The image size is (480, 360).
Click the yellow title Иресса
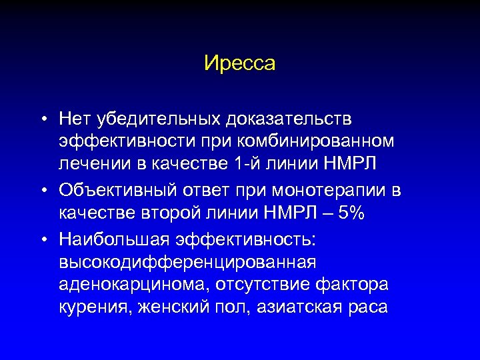(240, 64)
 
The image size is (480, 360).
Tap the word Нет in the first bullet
(75, 119)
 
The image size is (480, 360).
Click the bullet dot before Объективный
(42, 191)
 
